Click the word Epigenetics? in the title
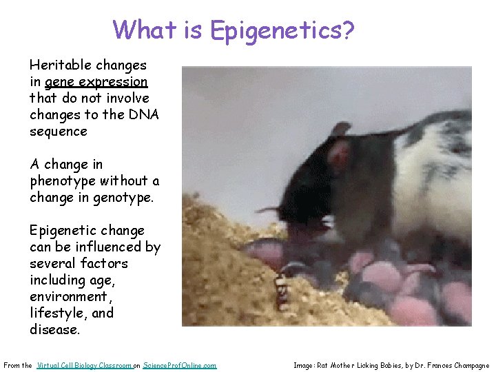point(282,30)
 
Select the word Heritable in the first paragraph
point(59,65)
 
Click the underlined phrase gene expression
point(96,82)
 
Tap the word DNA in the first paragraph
point(143,115)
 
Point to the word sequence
point(59,132)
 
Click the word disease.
point(54,330)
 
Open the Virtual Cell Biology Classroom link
point(83,365)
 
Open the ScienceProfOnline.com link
point(179,365)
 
